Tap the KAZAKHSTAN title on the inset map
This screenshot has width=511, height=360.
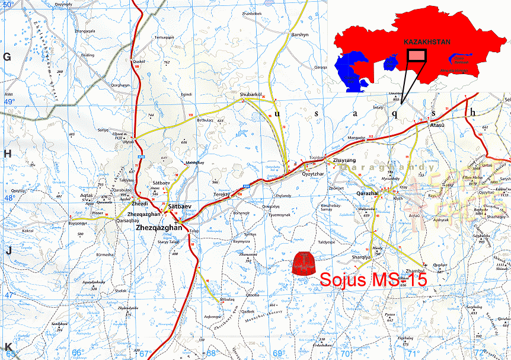426,43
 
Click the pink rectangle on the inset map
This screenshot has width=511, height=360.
417,56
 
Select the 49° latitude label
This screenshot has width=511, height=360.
9,102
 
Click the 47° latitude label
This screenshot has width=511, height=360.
9,295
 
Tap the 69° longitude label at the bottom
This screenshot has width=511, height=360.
278,353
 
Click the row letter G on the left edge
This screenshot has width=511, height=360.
8,57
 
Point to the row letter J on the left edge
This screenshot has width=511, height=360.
8,250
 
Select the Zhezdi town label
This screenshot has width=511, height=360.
140,203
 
